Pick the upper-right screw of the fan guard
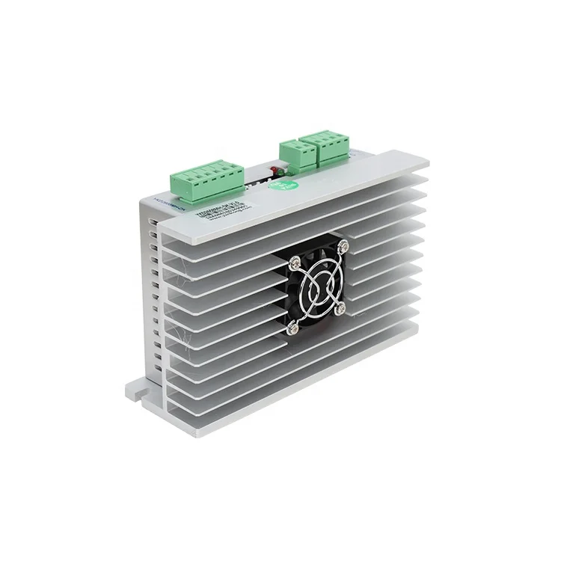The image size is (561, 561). [345, 245]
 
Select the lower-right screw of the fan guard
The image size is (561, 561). [340, 306]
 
